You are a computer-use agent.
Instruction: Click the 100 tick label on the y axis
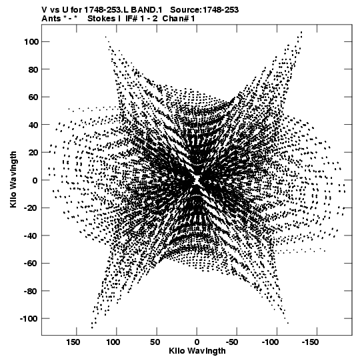tap(31, 42)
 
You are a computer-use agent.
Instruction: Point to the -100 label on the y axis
tap(29, 319)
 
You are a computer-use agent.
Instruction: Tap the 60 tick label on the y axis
tap(33, 97)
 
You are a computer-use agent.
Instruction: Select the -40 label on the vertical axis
tap(31, 236)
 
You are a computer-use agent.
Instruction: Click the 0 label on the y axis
tap(35, 180)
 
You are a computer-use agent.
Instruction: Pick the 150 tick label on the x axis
tap(73, 342)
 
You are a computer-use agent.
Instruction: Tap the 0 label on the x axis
tap(197, 342)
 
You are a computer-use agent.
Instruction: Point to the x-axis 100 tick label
tap(113, 342)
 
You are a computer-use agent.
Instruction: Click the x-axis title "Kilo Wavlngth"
tap(197, 351)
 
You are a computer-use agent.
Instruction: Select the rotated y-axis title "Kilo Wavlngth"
tap(13, 179)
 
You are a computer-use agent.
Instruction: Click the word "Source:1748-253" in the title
tap(205, 10)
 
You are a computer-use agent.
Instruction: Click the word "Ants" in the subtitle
tap(51, 19)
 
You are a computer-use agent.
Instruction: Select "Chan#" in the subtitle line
tap(175, 19)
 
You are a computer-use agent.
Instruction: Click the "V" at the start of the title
tap(45, 10)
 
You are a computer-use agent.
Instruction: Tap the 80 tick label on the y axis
tap(33, 69)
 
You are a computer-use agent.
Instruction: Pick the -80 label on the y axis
tap(31, 291)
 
